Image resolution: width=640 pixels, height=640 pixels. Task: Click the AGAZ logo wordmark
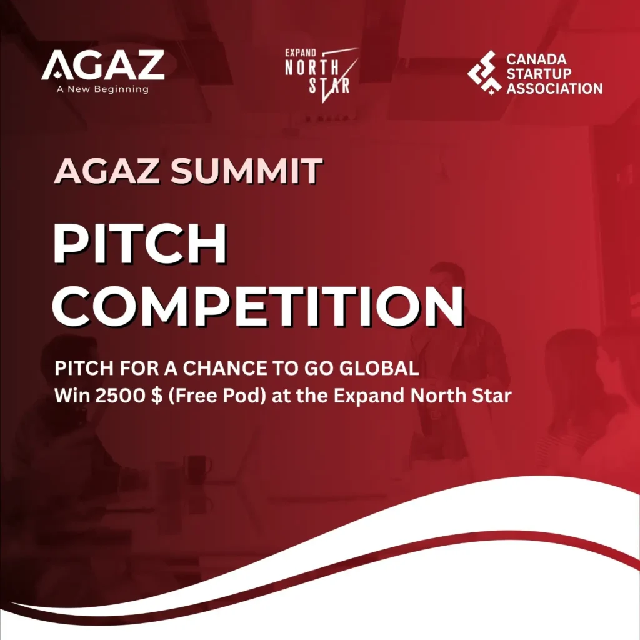[x=103, y=65]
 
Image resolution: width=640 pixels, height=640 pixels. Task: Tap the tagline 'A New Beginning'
[x=103, y=89]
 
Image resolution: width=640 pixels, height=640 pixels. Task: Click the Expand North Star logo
[x=322, y=75]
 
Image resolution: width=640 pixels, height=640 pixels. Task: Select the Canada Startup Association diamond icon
[x=484, y=72]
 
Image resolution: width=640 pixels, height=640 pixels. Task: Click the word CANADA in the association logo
[x=536, y=59]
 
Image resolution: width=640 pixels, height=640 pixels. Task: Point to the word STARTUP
[x=539, y=74]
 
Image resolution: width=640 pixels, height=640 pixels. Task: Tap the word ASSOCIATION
[x=554, y=89]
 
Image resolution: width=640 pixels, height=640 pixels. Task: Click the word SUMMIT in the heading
[x=246, y=170]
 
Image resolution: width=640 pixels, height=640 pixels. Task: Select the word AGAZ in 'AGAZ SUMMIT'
[x=107, y=170]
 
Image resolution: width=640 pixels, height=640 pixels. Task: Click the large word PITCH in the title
[x=140, y=244]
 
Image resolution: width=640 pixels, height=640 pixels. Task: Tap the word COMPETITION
[x=258, y=306]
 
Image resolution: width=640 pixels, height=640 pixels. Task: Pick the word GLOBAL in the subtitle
[x=379, y=368]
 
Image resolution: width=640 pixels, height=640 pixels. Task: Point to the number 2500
[x=120, y=395]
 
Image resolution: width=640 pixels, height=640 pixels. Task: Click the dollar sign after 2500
[x=156, y=396]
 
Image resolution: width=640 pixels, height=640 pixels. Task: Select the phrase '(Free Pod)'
[x=217, y=396]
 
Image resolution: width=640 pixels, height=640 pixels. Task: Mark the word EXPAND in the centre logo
[x=301, y=52]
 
